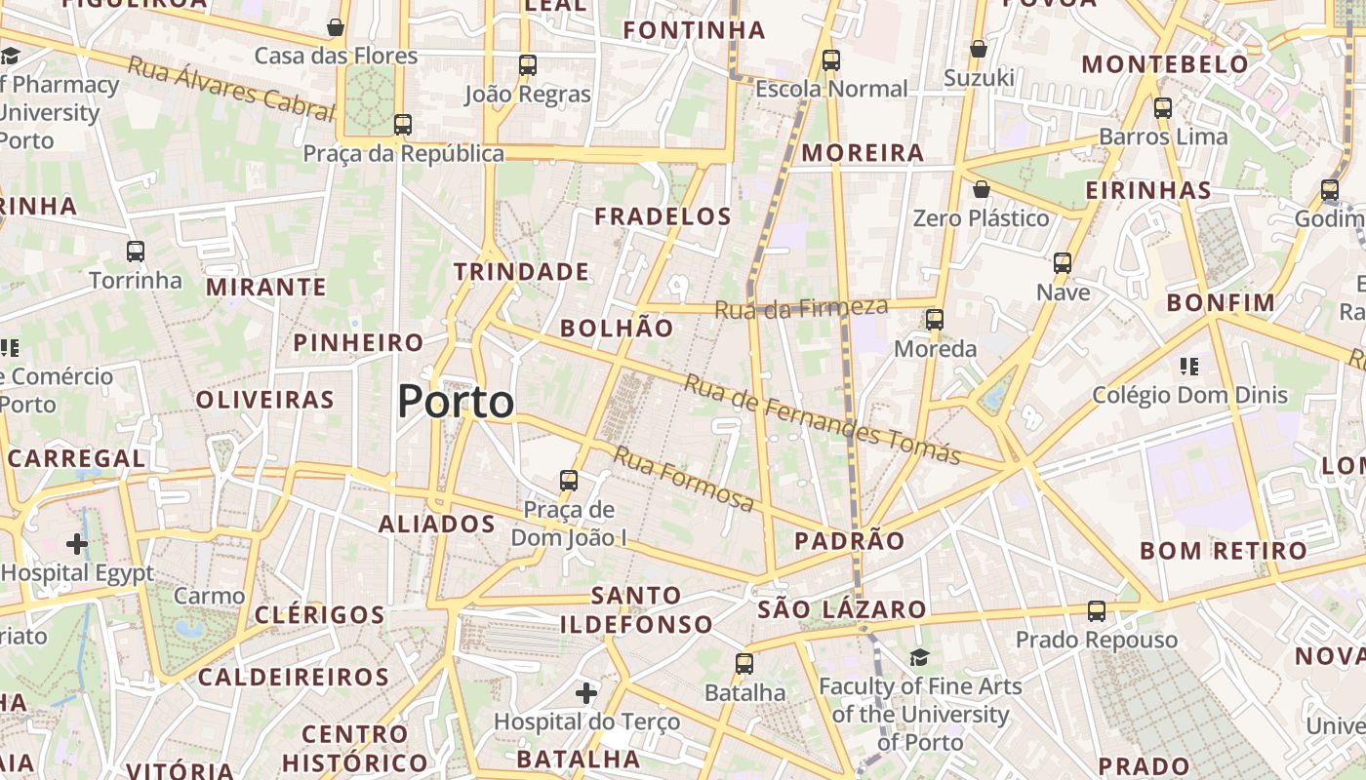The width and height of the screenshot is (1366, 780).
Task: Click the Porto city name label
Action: click(x=456, y=402)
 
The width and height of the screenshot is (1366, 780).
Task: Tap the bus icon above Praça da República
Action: click(x=402, y=125)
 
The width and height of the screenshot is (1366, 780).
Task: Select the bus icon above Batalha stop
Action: click(x=744, y=664)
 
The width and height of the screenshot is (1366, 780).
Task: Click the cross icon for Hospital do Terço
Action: click(x=586, y=693)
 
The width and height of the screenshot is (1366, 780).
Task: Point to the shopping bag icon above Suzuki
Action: click(x=979, y=49)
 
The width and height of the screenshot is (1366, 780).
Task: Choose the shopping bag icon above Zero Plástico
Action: click(x=982, y=189)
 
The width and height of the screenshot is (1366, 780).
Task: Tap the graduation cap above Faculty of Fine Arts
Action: click(x=919, y=658)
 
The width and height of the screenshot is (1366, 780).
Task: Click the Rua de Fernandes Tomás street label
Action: click(x=822, y=419)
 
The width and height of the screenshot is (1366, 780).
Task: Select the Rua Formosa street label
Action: click(x=684, y=479)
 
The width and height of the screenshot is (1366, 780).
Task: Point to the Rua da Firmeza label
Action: click(x=801, y=308)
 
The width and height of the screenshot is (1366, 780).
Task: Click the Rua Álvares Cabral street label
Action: click(x=231, y=89)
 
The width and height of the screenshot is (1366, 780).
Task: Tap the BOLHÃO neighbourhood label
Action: click(x=617, y=328)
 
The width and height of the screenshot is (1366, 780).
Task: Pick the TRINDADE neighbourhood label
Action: click(x=521, y=272)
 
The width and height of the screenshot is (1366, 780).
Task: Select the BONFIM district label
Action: click(x=1221, y=302)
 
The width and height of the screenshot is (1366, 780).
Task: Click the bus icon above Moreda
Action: click(x=935, y=320)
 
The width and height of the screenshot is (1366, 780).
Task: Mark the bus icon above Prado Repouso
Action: click(x=1097, y=611)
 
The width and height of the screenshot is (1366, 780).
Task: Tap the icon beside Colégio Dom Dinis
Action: click(x=1188, y=367)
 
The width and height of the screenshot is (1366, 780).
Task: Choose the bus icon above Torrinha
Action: click(x=136, y=252)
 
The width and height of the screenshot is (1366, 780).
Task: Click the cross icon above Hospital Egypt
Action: click(x=77, y=543)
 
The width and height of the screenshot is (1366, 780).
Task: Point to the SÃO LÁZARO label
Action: click(x=842, y=610)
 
